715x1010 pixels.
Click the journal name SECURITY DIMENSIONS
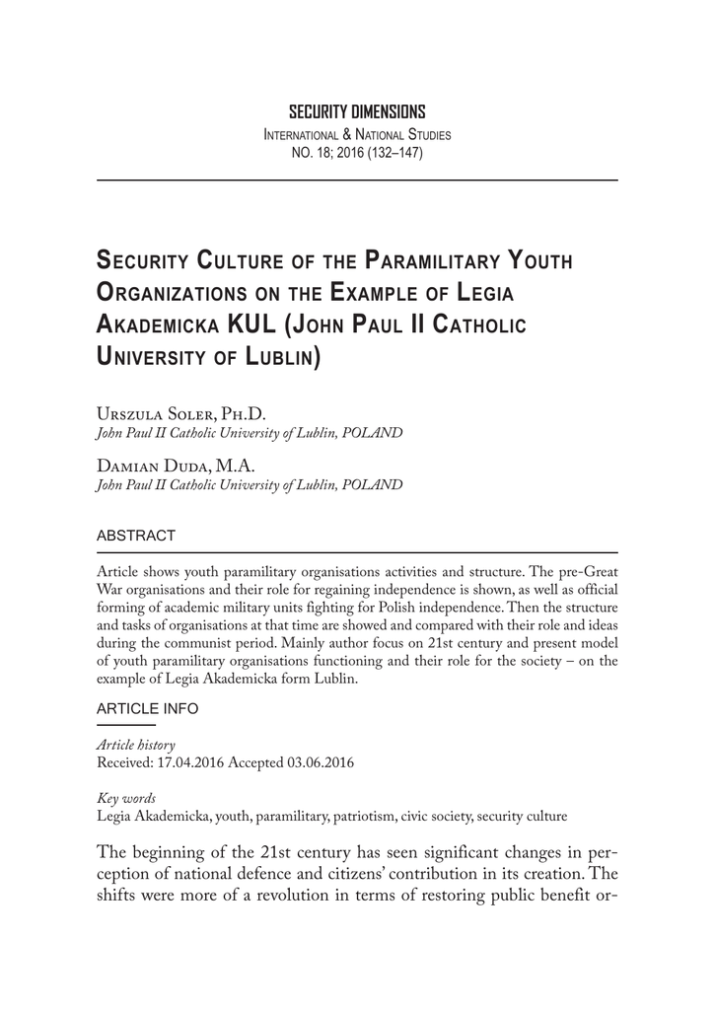click(x=357, y=112)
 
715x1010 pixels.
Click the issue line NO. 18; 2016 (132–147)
click(x=357, y=153)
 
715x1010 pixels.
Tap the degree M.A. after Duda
click(x=228, y=467)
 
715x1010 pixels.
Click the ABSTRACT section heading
click(x=135, y=537)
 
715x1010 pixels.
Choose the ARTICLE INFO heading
click(x=147, y=709)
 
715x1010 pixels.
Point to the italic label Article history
click(x=135, y=746)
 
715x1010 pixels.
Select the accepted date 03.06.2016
click(x=319, y=763)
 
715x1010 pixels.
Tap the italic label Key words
click(x=125, y=798)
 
